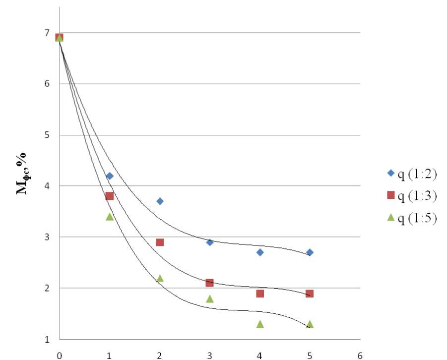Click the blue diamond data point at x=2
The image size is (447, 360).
160,201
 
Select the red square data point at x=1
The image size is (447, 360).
110,196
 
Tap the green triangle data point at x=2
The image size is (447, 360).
160,278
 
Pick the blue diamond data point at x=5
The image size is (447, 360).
310,252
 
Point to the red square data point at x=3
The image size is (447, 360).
210,283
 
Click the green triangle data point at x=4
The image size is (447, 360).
260,324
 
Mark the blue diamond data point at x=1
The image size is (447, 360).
110,176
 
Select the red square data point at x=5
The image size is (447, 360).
310,294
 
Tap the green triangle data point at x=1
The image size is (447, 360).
110,217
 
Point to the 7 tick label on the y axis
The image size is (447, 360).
47,33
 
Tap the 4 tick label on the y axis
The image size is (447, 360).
47,186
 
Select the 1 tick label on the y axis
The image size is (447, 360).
47,340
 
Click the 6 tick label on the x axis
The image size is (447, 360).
360,355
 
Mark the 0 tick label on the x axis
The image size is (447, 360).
60,355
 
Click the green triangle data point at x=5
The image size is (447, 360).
310,324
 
